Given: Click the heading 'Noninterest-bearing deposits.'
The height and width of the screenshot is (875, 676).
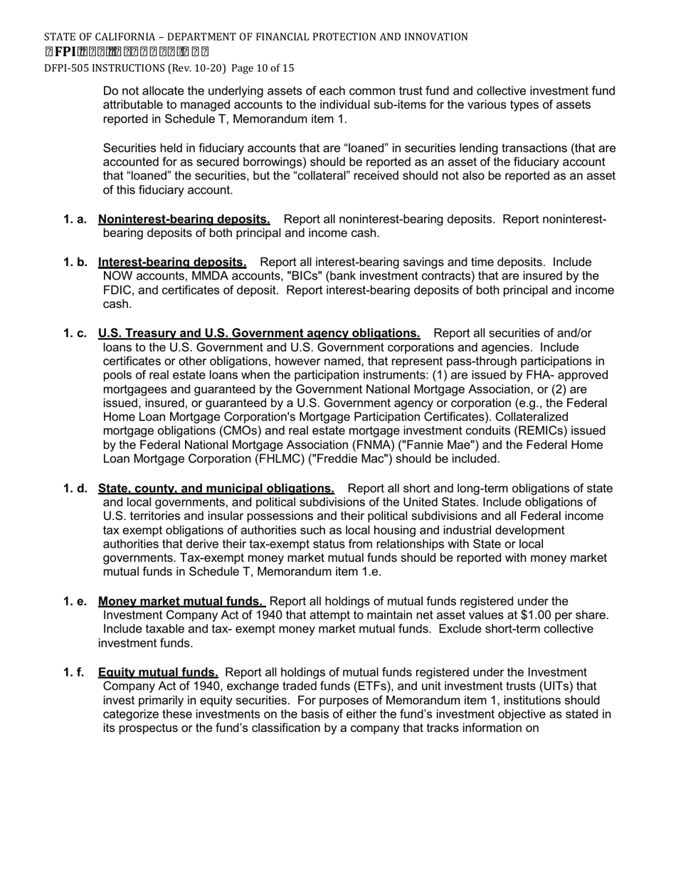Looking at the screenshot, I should pos(184,219).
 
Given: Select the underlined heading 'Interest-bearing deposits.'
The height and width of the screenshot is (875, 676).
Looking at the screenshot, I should pos(172,262).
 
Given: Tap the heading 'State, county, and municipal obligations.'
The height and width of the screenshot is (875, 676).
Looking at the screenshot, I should pos(216,489).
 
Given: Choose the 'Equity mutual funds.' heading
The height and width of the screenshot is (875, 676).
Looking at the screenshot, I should pos(158,672).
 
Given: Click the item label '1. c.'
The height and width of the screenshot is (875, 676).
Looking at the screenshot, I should pos(75,334).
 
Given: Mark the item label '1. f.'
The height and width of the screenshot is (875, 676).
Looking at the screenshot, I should pos(74,672).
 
